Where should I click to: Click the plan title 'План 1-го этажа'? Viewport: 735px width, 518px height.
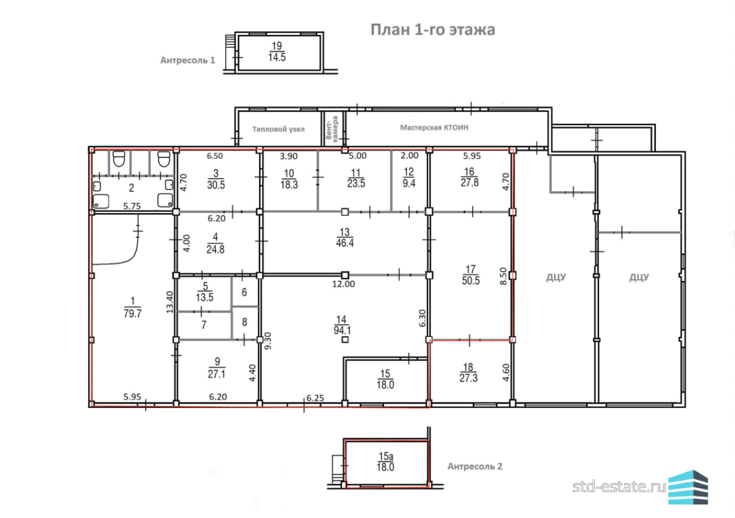(433, 30)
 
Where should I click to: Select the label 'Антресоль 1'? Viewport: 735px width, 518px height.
(188, 60)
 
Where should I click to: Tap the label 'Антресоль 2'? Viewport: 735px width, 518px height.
(475, 466)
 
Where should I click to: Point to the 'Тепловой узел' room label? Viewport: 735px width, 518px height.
(278, 129)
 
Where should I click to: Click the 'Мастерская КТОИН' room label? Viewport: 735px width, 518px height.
(434, 127)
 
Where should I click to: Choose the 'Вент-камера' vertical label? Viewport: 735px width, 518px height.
(332, 128)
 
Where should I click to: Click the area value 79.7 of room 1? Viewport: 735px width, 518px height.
(133, 313)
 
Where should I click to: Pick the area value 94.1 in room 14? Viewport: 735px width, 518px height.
(343, 330)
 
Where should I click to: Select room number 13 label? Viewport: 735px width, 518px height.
(345, 232)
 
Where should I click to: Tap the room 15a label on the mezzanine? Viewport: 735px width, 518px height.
(385, 456)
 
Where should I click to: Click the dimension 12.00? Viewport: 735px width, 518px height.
(344, 284)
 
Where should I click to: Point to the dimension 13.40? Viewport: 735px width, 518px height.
(170, 302)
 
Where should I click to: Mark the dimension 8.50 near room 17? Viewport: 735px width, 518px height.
(503, 276)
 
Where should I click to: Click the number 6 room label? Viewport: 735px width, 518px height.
(244, 292)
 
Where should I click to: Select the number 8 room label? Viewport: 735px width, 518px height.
(244, 322)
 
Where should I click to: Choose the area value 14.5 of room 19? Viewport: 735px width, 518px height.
(277, 57)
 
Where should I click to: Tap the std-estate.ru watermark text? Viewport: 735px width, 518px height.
(619, 486)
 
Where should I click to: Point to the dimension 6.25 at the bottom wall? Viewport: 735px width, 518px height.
(315, 398)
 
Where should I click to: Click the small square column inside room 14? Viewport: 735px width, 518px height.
(345, 339)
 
